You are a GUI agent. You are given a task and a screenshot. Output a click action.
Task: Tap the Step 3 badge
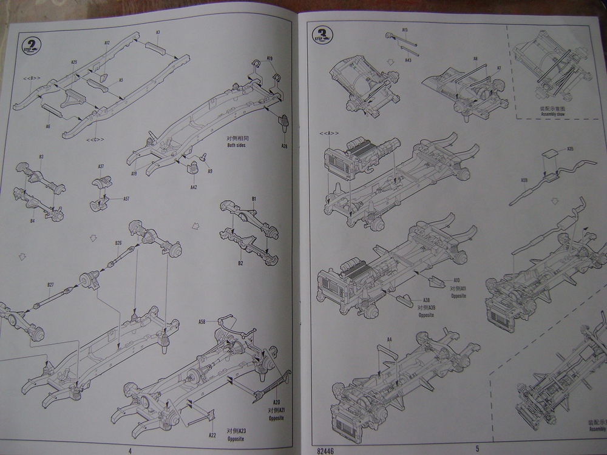pyautogui.click(x=322, y=33)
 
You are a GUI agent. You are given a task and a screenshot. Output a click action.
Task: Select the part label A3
pyautogui.click(x=158, y=31)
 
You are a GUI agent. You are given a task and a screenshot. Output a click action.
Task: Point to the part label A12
pyautogui.click(x=107, y=43)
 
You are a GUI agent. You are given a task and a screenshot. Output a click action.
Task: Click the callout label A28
pyautogui.click(x=285, y=146)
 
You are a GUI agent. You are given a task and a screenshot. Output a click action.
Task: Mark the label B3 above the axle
pyautogui.click(x=41, y=157)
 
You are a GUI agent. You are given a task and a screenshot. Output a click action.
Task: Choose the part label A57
pyautogui.click(x=126, y=198)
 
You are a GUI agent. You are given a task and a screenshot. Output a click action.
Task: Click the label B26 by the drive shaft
pyautogui.click(x=119, y=243)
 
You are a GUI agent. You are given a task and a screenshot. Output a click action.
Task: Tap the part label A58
pyautogui.click(x=203, y=321)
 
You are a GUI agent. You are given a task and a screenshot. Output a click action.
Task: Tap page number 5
pyautogui.click(x=477, y=449)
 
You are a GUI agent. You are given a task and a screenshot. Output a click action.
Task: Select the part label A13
pyautogui.click(x=405, y=30)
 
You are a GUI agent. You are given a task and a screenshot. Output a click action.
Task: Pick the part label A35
pyautogui.click(x=569, y=149)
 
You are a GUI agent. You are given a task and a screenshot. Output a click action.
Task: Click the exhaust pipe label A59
pyautogui.click(x=524, y=181)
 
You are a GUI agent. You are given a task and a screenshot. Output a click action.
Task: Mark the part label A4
pyautogui.click(x=389, y=339)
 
